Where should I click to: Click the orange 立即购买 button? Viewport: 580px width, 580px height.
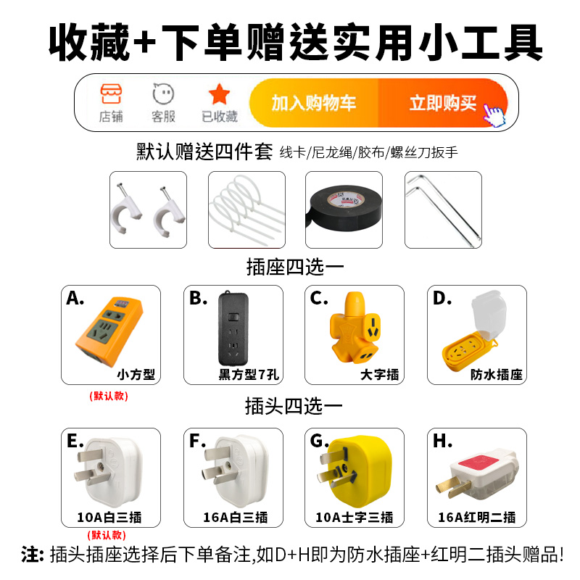pos(442,103)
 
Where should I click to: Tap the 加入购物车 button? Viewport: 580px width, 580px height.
pos(314,103)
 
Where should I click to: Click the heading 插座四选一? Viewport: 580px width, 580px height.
pos(294,267)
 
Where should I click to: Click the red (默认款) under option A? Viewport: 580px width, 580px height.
pos(109,396)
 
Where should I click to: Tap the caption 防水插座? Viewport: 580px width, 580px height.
pos(497,375)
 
